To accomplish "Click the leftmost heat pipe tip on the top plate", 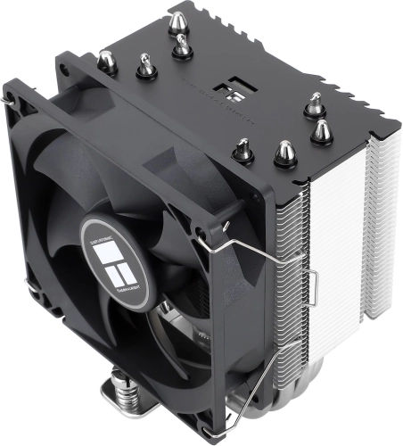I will coord(108,61).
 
